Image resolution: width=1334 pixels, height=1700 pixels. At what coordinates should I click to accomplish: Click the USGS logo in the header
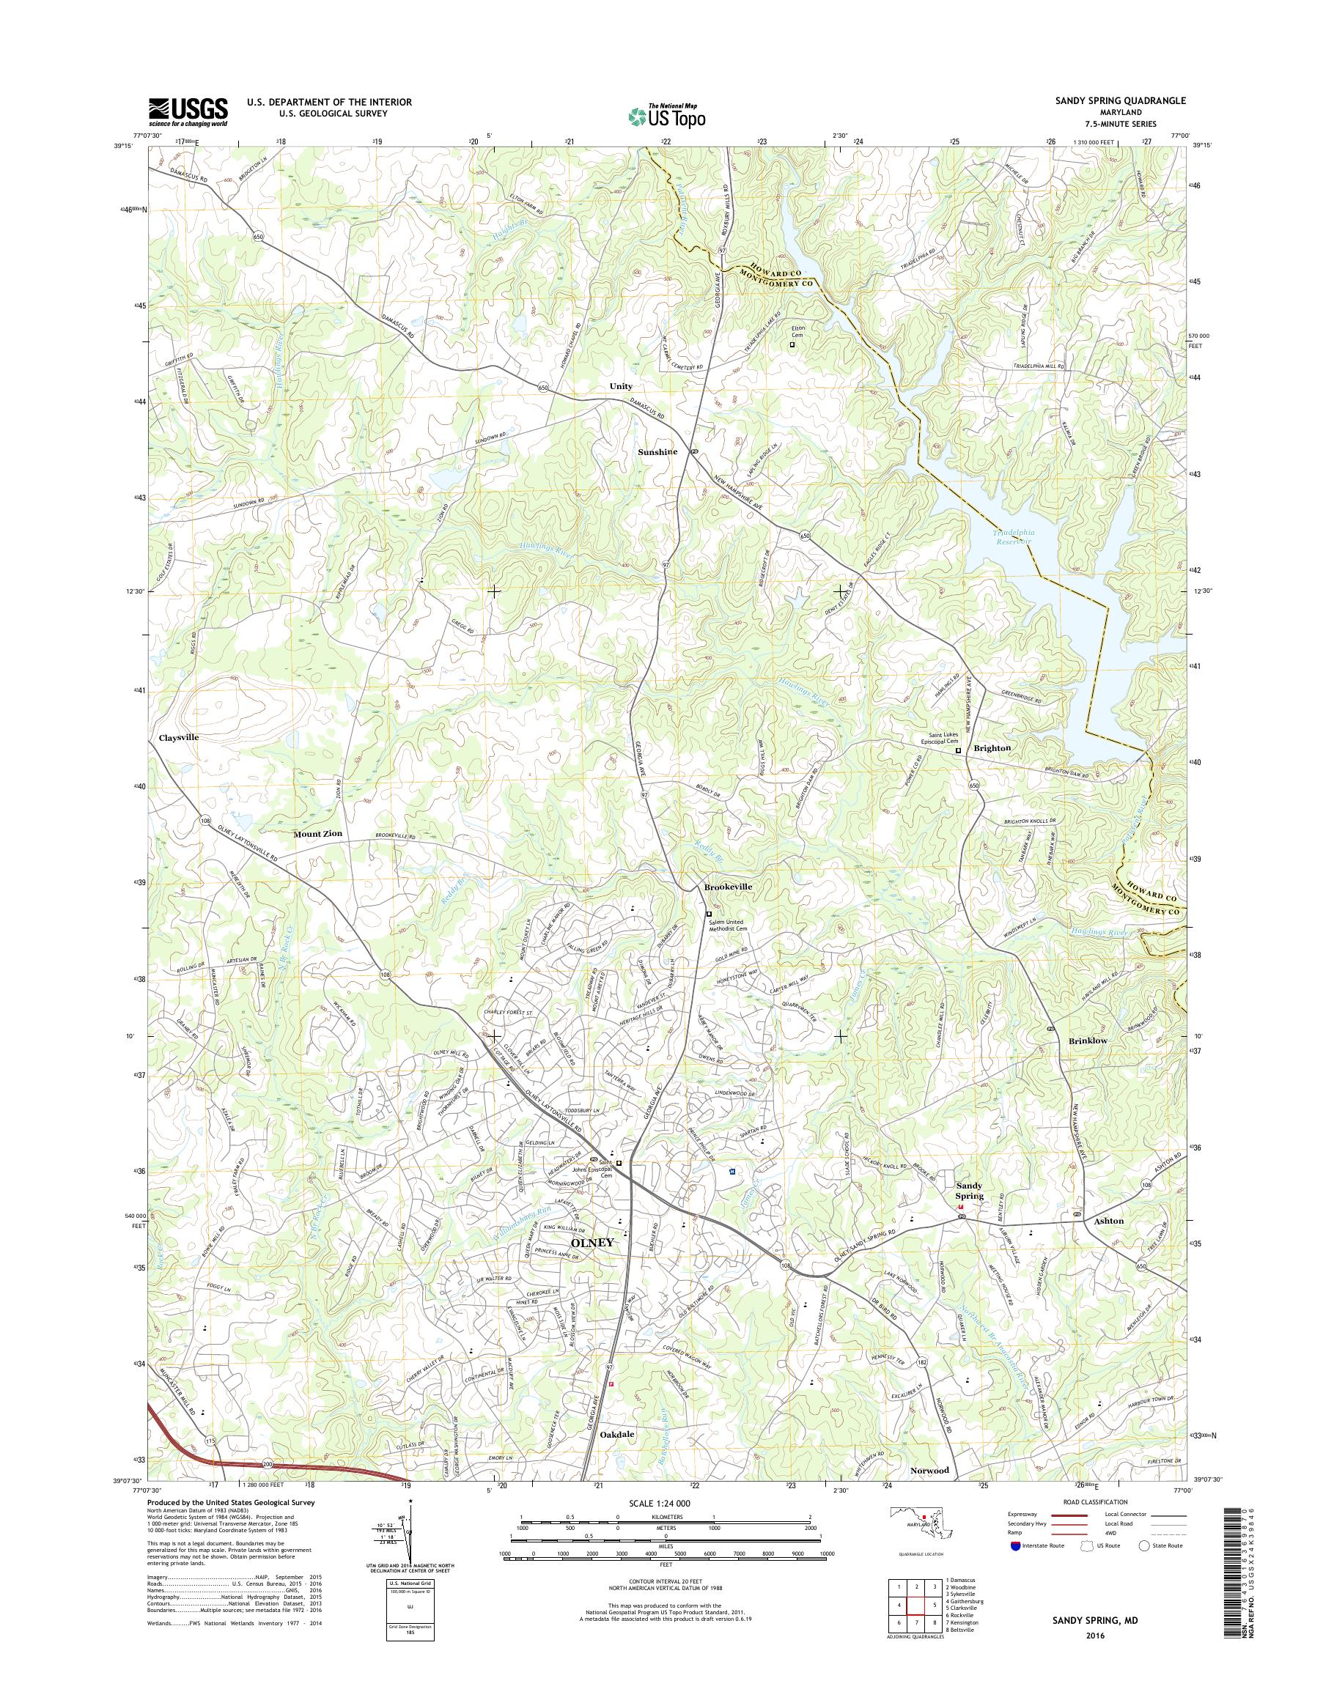[188, 111]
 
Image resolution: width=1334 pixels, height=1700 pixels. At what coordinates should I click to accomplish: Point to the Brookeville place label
[728, 887]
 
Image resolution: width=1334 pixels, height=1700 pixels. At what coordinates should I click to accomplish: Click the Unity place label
[621, 387]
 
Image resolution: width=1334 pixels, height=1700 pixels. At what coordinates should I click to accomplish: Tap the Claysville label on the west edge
[179, 737]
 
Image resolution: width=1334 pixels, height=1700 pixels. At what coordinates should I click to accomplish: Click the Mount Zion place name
[318, 834]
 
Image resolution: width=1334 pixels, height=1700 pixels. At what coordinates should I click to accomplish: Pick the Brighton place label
[992, 748]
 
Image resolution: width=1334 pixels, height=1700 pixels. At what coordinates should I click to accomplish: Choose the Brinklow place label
[1088, 1041]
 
